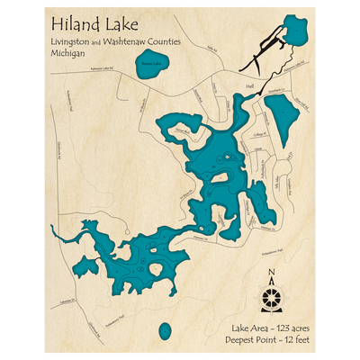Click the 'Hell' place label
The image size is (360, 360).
click(x=249, y=86)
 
